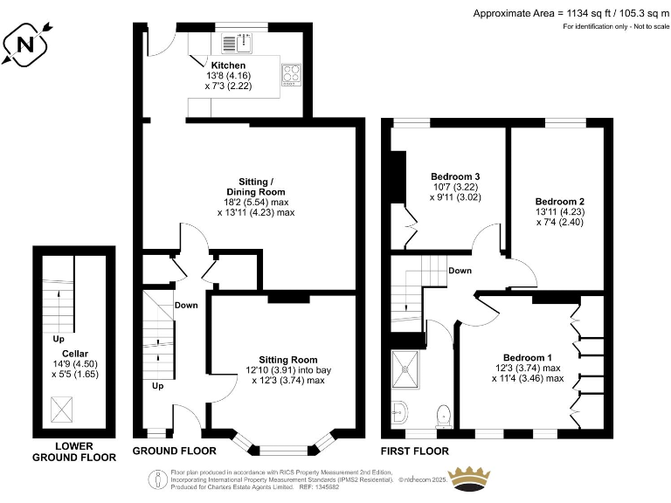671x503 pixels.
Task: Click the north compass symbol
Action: (25, 44)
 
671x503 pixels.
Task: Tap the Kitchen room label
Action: (228, 65)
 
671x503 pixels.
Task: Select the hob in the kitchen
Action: (291, 74)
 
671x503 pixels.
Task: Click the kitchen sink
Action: (238, 43)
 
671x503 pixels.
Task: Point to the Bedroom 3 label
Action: (455, 176)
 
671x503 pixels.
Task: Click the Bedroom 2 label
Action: (560, 202)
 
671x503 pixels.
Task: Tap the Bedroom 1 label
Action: (527, 357)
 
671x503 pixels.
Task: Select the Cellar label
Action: (75, 354)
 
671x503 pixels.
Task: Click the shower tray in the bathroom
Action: (405, 369)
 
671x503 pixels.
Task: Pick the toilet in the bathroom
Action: (444, 417)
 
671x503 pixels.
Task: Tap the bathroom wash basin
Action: (398, 413)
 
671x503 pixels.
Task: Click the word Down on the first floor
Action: (460, 271)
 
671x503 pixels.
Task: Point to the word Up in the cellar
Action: (59, 339)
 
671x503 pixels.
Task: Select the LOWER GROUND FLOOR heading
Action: (74, 451)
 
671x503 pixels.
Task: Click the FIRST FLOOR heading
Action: (415, 451)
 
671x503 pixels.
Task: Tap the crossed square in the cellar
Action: (62, 410)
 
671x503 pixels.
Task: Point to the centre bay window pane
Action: (283, 450)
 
